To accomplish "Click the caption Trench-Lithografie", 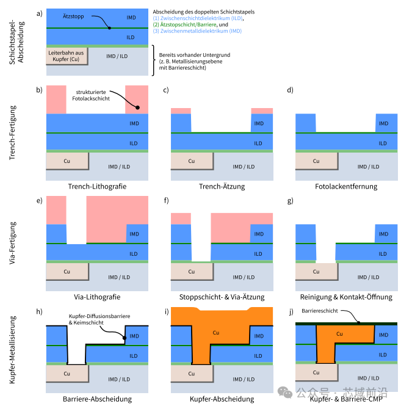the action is (x=97, y=187).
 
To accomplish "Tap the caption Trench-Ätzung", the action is (x=222, y=187).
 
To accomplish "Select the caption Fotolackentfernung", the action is (x=346, y=187).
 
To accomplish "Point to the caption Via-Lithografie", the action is (x=97, y=297).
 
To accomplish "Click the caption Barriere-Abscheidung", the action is (x=97, y=399).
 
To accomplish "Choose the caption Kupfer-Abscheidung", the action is (x=222, y=399).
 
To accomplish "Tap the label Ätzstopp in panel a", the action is (x=73, y=16).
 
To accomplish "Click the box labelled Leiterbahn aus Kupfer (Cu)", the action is (x=67, y=56).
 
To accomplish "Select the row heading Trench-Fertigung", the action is (x=12, y=132).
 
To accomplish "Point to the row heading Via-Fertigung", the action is (x=12, y=243).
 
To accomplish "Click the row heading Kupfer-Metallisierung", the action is (x=12, y=350).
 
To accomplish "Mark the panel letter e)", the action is (x=40, y=201).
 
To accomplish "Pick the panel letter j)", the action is (x=291, y=311).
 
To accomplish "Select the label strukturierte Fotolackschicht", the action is (x=91, y=95).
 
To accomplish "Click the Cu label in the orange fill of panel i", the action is (x=216, y=333).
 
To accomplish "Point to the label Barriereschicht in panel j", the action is (x=320, y=311).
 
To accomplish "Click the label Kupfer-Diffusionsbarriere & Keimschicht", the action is (x=99, y=319).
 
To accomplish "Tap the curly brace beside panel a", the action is (x=153, y=60).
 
